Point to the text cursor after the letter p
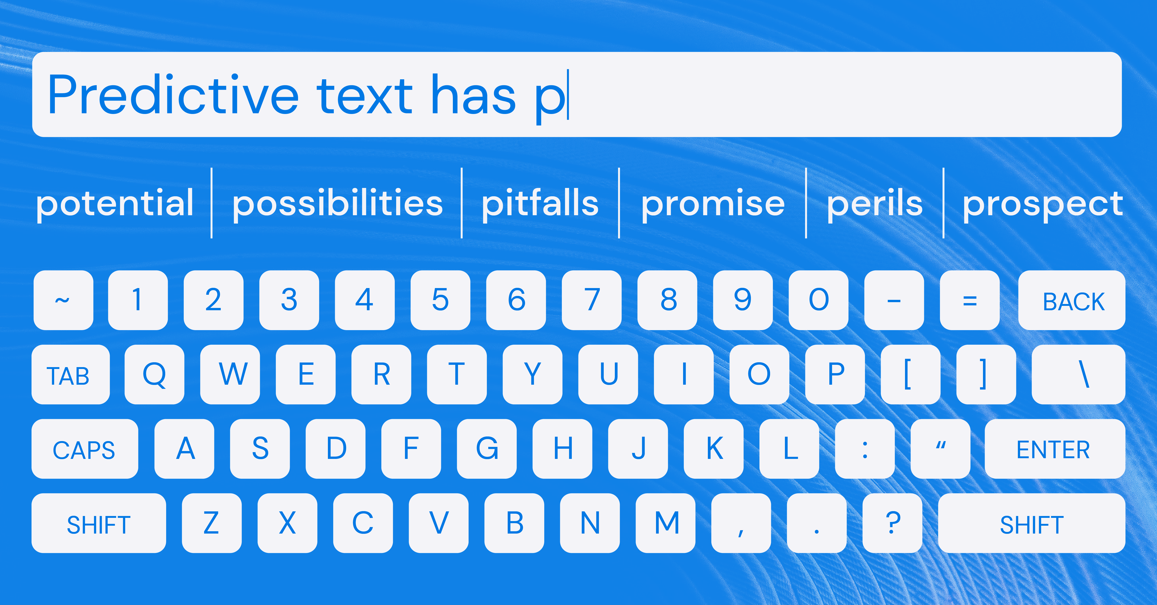point(568,95)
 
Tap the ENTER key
point(1054,449)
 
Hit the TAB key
point(71,374)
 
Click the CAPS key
point(85,449)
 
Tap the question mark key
point(893,523)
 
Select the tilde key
point(63,300)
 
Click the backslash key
point(1078,374)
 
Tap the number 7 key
point(591,300)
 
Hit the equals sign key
point(970,300)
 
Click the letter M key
point(666,523)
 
